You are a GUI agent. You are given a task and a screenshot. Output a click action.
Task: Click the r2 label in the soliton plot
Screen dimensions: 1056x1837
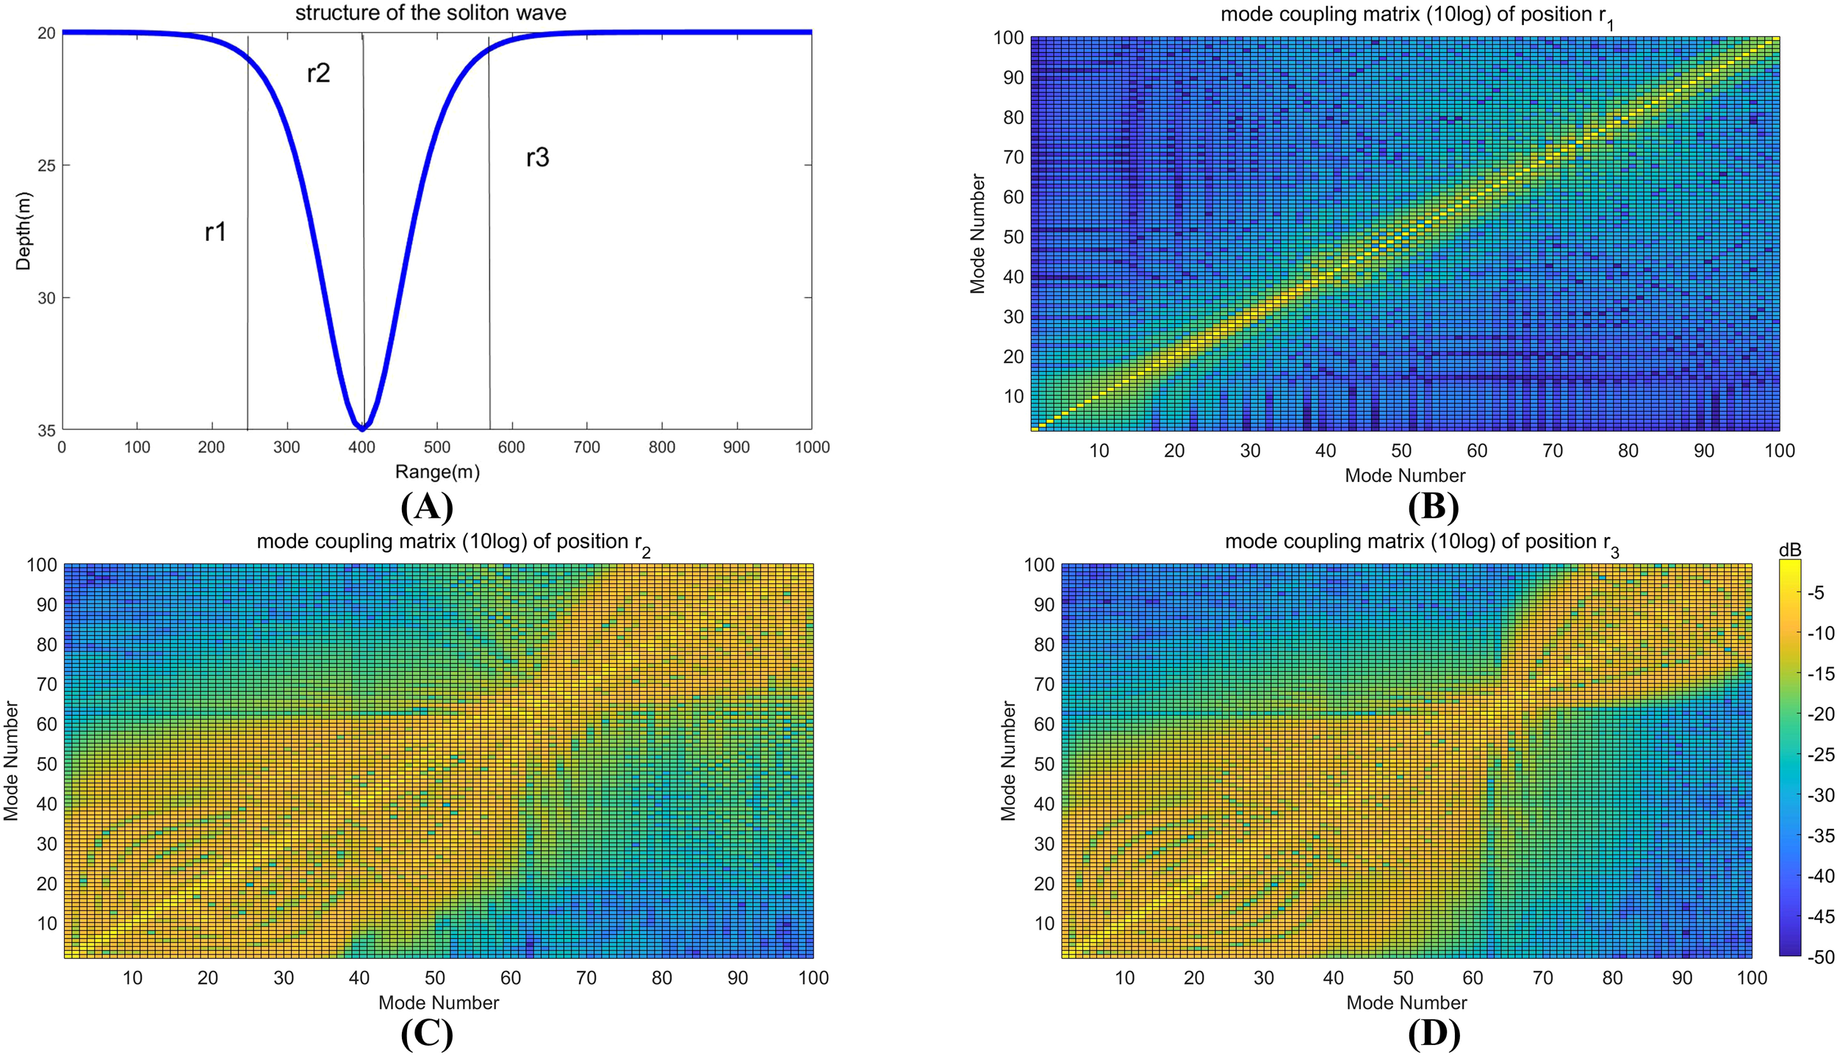318,73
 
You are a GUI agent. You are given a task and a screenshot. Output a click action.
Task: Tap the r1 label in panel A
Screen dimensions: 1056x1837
215,232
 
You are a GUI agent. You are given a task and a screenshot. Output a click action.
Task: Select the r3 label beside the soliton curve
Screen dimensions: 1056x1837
537,157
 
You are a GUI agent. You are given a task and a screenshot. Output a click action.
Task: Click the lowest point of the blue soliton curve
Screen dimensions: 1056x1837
362,427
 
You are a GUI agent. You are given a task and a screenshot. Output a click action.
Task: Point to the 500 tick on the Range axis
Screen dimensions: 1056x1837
437,448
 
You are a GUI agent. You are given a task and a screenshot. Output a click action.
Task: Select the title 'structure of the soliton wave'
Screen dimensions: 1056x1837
431,13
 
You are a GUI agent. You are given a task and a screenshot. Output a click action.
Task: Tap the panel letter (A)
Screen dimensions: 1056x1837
427,506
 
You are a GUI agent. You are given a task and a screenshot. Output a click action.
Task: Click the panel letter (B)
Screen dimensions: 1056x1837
1433,506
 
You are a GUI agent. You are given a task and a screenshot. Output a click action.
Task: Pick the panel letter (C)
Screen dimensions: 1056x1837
427,1034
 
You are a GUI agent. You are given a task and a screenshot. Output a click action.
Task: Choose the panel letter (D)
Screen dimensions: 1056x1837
1434,1034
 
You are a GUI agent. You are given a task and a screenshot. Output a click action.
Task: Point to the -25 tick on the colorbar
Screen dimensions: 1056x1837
1819,755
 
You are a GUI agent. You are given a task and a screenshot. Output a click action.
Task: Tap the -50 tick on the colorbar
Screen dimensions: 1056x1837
1819,957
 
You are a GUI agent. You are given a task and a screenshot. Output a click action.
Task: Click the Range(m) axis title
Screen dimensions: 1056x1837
437,472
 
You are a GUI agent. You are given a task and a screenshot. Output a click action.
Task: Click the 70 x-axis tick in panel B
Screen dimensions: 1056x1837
1553,450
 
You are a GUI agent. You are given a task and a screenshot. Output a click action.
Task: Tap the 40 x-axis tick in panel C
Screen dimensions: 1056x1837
359,978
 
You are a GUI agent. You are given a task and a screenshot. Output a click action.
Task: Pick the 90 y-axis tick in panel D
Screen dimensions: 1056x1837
1043,605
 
